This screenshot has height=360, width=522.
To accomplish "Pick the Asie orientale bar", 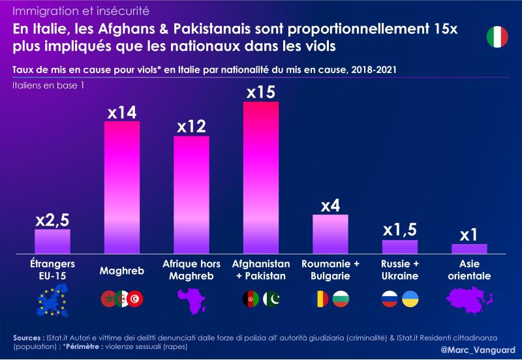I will [469, 248].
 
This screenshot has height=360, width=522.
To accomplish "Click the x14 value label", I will [122, 112].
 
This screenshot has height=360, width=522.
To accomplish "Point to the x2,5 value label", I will [52, 220].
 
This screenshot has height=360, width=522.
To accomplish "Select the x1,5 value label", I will [399, 230].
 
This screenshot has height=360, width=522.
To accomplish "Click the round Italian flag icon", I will [497, 37].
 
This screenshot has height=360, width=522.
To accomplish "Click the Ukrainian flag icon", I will [410, 299].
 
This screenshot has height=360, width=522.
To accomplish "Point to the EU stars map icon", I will [52, 300].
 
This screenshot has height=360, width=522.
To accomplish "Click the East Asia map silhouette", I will [469, 299].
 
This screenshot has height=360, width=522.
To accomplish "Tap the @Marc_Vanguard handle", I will [478, 350].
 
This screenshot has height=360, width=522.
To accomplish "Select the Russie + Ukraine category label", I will [399, 270].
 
